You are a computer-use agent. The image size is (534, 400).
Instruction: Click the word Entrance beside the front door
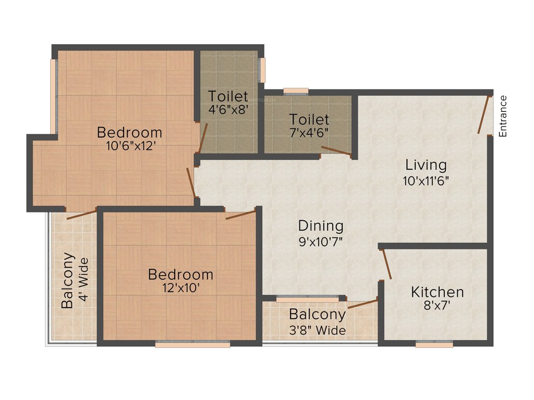[x=503, y=116]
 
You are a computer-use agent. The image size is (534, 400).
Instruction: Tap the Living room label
[x=426, y=165]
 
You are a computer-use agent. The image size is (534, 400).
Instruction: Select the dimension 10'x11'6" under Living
[x=426, y=181]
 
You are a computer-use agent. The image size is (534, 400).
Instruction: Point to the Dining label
[x=321, y=226]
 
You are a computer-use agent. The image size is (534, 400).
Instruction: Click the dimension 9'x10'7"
[x=321, y=241]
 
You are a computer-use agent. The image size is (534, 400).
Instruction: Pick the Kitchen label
[x=437, y=292]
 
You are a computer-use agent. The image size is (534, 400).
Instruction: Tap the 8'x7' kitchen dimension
[x=437, y=306]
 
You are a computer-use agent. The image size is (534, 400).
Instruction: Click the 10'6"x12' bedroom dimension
[x=129, y=147]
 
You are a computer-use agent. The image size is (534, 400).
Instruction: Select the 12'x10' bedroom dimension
[x=180, y=287]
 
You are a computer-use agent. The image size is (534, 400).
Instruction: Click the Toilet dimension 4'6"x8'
[x=228, y=110]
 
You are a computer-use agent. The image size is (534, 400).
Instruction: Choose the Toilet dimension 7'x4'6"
[x=309, y=133]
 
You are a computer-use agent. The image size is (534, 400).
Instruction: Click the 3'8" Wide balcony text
[x=317, y=330]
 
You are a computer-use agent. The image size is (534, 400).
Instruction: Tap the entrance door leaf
[x=484, y=115]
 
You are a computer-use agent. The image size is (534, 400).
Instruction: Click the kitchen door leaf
[x=387, y=265]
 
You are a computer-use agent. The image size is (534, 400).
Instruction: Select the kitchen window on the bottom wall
[x=434, y=344]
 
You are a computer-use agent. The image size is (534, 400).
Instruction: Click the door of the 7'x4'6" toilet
[x=336, y=152]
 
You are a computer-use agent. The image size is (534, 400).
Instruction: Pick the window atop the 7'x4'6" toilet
[x=296, y=92]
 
